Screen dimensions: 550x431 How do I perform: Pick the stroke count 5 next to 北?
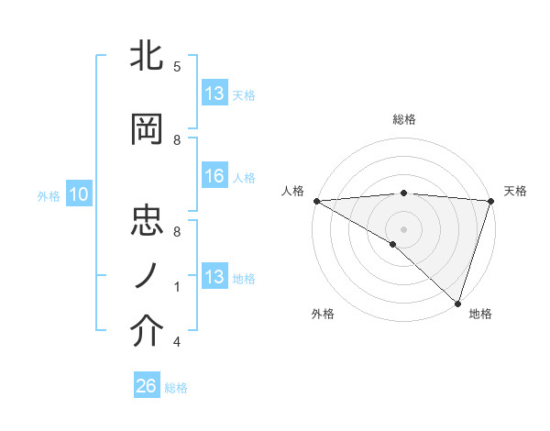pos(177,66)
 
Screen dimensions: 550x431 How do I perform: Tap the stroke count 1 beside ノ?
pos(177,287)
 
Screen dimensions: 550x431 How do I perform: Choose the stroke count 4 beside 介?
pos(177,342)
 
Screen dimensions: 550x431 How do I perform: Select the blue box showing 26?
pos(146,386)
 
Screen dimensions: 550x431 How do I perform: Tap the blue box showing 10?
pos(78,194)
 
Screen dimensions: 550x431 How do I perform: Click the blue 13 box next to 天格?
pos(214,94)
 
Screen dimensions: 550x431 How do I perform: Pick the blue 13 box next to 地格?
pos(214,277)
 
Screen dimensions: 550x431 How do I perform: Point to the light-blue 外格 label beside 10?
pos(49,195)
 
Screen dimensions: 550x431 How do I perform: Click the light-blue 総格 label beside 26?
pos(176,388)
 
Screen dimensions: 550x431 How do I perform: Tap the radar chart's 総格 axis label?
pos(403,119)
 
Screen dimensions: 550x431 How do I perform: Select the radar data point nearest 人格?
pos(316,200)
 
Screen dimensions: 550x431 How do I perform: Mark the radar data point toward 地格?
pos(457,303)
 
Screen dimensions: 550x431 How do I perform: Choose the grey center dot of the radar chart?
pos(403,228)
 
